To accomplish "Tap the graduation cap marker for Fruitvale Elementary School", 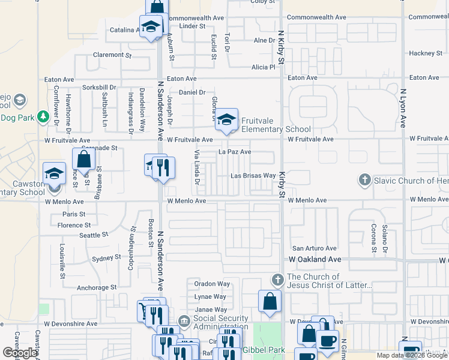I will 226,119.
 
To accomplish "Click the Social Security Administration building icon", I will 184,322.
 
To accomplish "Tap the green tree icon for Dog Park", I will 43,116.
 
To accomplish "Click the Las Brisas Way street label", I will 253,176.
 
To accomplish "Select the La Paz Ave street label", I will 235,152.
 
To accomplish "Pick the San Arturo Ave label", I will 314,248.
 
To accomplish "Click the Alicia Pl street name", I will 263,67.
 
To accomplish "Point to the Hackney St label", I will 426,53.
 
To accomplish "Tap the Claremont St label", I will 112,55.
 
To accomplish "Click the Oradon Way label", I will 212,284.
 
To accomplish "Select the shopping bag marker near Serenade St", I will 83,159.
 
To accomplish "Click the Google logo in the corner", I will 20,353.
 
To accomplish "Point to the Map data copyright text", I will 411,355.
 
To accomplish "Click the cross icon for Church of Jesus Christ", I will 277,280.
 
